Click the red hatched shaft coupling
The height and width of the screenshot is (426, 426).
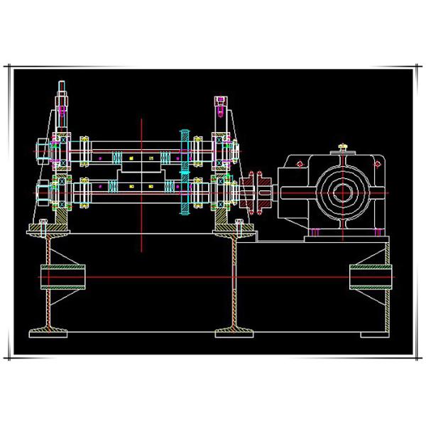[254, 191]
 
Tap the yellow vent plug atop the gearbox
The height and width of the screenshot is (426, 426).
[343, 148]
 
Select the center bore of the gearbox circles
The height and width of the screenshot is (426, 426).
[344, 191]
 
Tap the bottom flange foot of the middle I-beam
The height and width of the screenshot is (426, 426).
[236, 332]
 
